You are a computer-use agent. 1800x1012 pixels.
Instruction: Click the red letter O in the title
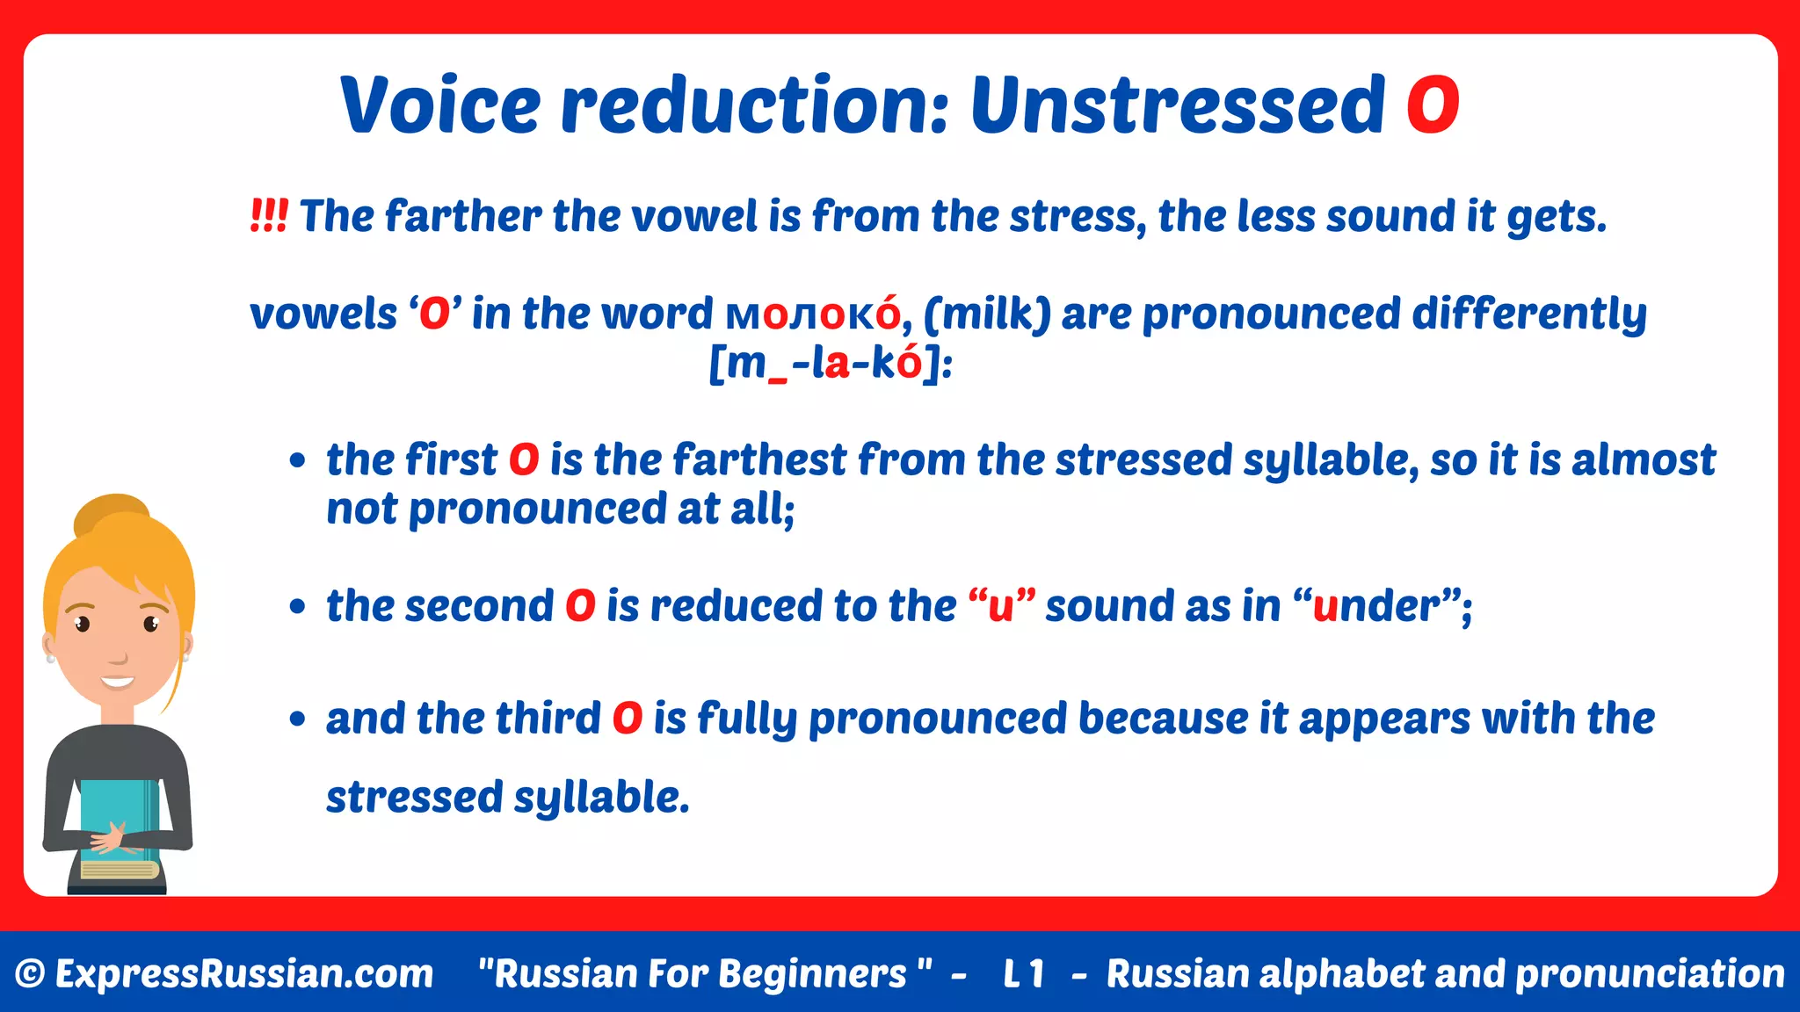coord(1432,105)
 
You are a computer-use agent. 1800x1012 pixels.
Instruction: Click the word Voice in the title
coord(440,105)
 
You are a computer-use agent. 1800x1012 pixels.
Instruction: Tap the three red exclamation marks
coord(268,215)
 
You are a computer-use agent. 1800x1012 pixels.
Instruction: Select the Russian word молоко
coord(814,314)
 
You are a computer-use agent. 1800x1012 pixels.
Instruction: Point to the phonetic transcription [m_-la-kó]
coord(830,363)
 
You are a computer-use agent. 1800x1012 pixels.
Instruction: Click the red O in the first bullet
coord(524,459)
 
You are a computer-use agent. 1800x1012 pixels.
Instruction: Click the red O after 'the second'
coord(580,606)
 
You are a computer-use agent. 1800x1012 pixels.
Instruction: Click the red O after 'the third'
coord(628,719)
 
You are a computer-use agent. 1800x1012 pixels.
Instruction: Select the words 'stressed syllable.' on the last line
coord(508,797)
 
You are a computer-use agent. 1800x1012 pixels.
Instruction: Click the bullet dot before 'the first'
coord(298,460)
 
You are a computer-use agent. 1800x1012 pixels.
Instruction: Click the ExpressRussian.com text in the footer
coord(243,973)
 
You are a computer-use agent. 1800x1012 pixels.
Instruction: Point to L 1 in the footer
coord(1023,973)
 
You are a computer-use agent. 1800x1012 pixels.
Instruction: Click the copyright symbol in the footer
coord(30,973)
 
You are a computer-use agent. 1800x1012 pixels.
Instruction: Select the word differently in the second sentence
coord(1528,314)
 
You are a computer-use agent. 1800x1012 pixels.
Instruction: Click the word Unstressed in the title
coord(1178,105)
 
